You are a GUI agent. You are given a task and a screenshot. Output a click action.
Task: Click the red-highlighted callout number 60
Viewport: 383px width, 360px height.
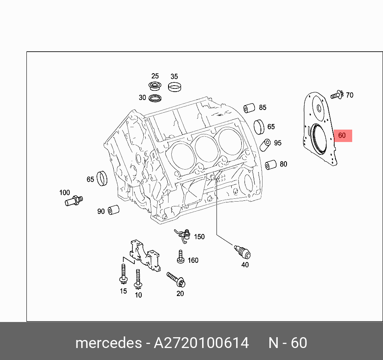[x=342, y=136]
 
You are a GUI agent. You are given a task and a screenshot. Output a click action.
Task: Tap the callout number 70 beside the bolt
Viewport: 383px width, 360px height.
[x=349, y=95]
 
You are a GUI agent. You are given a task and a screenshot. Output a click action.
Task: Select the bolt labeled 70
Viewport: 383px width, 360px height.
[x=336, y=95]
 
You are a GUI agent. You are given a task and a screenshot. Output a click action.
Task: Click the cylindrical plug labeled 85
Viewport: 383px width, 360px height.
[x=250, y=108]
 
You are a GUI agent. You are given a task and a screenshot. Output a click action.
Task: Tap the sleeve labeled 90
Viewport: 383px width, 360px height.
[x=114, y=209]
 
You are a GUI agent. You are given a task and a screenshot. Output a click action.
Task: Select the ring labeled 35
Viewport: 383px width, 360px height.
[x=174, y=86]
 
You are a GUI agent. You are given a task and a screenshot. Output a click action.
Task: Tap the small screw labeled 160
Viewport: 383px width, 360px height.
[x=180, y=257]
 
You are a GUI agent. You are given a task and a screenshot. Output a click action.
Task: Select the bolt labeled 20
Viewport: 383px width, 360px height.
[x=175, y=279]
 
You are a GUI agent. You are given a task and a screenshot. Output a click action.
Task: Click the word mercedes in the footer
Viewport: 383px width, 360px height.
[x=108, y=343]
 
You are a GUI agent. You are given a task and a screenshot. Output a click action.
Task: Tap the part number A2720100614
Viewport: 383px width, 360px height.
[x=201, y=343]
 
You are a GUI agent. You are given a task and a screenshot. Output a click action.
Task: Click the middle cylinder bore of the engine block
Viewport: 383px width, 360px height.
[x=206, y=147]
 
